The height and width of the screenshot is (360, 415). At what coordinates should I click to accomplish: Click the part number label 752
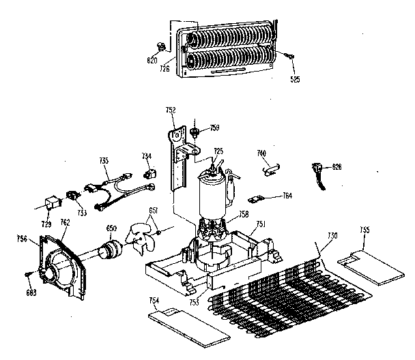point(171,110)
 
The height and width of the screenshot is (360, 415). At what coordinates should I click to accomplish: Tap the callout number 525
point(294,79)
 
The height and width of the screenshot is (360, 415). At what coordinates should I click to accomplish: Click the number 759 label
point(214,127)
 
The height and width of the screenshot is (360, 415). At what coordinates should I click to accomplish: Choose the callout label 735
point(104,161)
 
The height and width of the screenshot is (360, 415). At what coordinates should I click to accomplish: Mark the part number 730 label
point(332,236)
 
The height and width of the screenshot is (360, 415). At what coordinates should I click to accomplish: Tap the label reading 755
point(365,230)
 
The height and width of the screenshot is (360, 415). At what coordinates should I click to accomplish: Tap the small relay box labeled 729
point(48,202)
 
